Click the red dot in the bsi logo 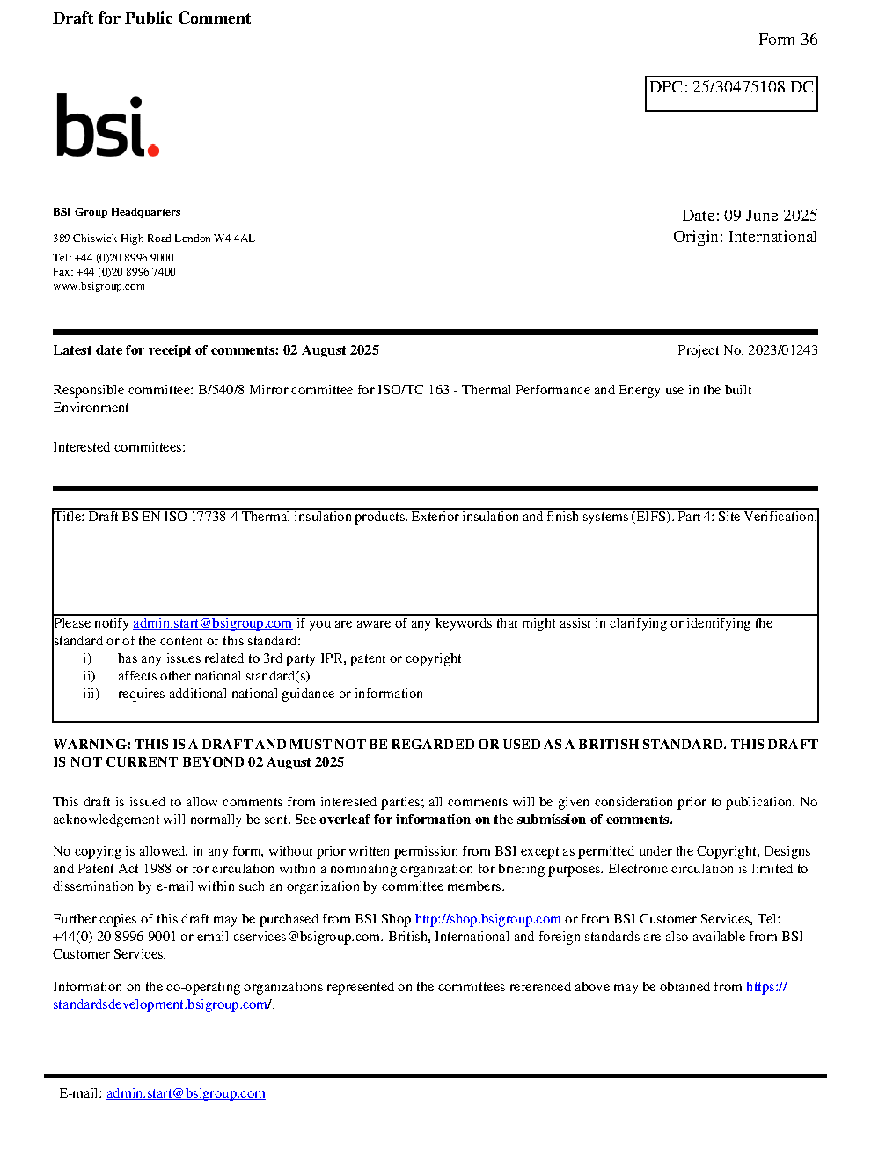153,151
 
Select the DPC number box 731,93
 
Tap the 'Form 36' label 787,40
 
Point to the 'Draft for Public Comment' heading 151,18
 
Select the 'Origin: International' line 744,237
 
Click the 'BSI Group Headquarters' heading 116,212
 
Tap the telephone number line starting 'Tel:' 113,258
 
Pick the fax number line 113,272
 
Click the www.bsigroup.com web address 99,286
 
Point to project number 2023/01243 782,350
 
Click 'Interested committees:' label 119,447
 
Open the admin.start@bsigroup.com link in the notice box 212,623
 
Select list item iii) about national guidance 269,694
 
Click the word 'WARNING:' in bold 92,745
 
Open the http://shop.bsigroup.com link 487,919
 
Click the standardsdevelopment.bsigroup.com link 162,1004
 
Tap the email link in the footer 186,1093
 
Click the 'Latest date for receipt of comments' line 216,350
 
